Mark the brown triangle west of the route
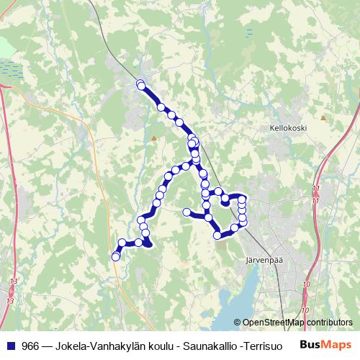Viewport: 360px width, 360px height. click(153, 137)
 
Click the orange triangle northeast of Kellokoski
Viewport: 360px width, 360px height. click(324, 117)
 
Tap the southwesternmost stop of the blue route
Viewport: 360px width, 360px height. click(115, 257)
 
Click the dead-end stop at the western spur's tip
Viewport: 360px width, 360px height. click(187, 212)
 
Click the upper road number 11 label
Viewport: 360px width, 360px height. click(315, 189)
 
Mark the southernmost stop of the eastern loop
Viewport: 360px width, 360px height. click(217, 235)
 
